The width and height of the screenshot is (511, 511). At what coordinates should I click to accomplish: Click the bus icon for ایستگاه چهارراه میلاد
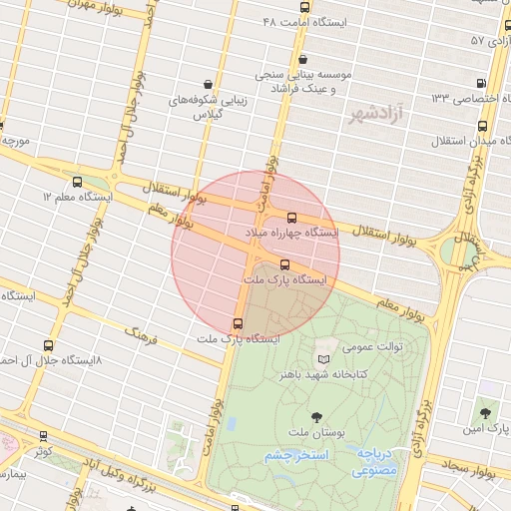(x=291, y=218)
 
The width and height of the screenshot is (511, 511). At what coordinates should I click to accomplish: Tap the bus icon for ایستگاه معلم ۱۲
(x=78, y=182)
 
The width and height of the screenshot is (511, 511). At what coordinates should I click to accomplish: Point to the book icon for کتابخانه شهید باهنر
(x=322, y=358)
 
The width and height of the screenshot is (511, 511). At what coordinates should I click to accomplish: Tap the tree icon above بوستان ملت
(x=317, y=417)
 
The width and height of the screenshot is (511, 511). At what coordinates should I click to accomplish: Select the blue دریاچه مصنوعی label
(x=378, y=461)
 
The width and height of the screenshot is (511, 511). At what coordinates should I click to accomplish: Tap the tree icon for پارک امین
(x=484, y=410)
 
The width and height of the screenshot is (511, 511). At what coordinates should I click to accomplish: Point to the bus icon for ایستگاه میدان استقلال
(x=483, y=126)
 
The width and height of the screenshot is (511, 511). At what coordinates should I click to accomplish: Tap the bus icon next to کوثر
(x=43, y=436)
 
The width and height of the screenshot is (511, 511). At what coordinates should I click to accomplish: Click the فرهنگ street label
(x=144, y=333)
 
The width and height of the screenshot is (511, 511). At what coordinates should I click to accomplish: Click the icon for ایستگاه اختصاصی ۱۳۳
(x=482, y=83)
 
